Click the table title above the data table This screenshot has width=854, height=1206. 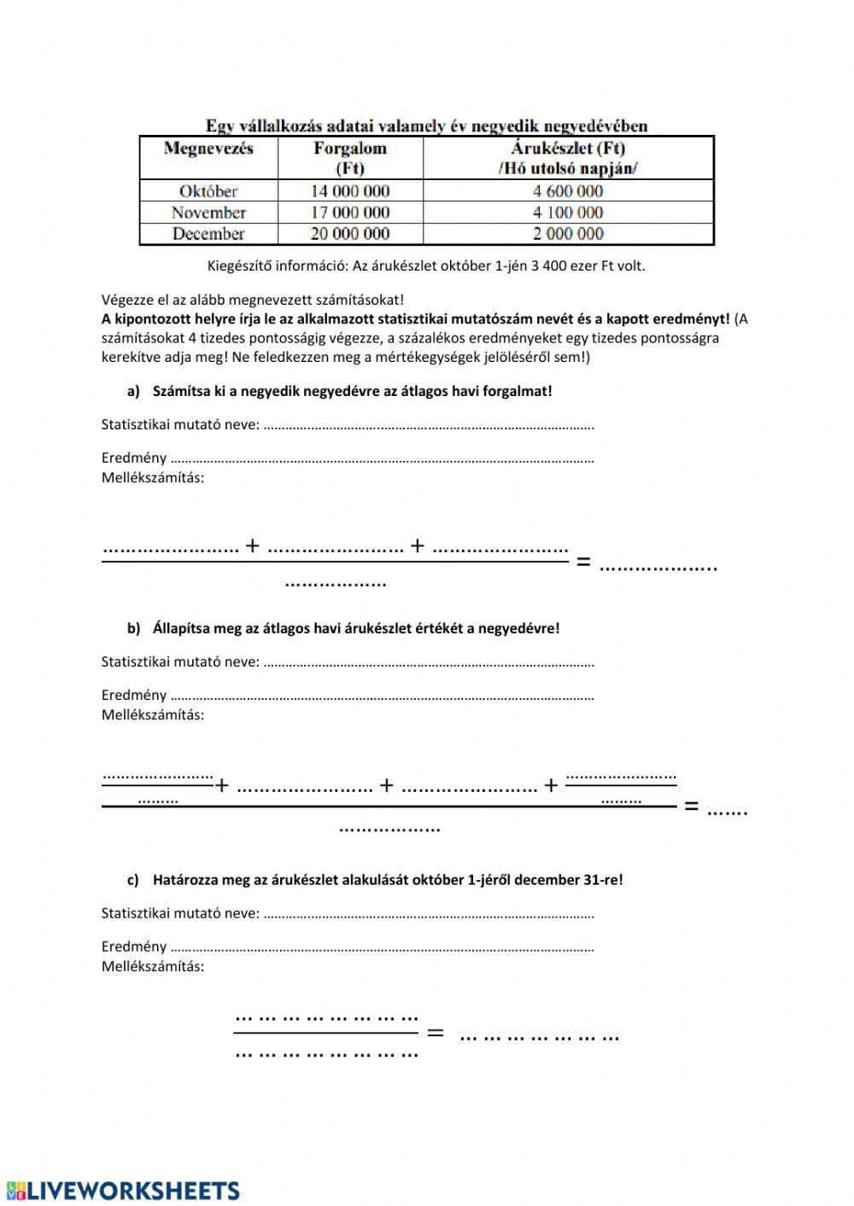pyautogui.click(x=426, y=125)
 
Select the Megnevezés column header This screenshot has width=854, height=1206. pyautogui.click(x=208, y=149)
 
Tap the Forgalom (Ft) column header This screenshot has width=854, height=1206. pyautogui.click(x=350, y=158)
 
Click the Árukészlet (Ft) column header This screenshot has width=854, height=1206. pyautogui.click(x=568, y=158)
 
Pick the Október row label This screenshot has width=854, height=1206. pyautogui.click(x=208, y=191)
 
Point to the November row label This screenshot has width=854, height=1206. pyautogui.click(x=208, y=213)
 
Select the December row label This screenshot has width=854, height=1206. pyautogui.click(x=208, y=234)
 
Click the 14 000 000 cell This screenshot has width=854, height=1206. pyautogui.click(x=350, y=191)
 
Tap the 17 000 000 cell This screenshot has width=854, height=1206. pyautogui.click(x=350, y=213)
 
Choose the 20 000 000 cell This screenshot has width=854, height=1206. pyautogui.click(x=350, y=234)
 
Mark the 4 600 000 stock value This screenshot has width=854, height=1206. pyautogui.click(x=568, y=191)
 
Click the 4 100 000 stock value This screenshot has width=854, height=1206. pyautogui.click(x=568, y=213)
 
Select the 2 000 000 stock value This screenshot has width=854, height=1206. pyautogui.click(x=568, y=234)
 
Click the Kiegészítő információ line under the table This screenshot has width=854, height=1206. pyautogui.click(x=426, y=265)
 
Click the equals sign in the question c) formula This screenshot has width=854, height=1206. pyautogui.click(x=436, y=1034)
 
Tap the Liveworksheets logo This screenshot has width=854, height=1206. pyautogui.click(x=123, y=1191)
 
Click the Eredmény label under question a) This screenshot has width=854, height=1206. pyautogui.click(x=134, y=458)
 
